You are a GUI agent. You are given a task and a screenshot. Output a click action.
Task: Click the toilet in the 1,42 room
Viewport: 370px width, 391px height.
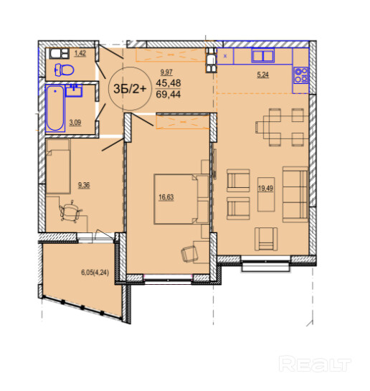point(65,70)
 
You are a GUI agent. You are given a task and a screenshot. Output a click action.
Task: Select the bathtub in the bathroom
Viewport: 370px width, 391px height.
point(55,108)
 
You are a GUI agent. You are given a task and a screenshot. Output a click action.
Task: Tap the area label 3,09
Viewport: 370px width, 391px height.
point(75,123)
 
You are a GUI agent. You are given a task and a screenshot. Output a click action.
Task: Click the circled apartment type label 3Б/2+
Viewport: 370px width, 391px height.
point(129,88)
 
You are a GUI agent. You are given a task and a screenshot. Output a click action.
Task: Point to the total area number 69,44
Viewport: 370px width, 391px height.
point(169,94)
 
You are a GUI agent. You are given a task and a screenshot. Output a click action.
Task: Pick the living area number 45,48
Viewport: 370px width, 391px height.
point(169,83)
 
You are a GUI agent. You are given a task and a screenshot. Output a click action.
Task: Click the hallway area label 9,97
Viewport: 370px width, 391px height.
point(166,72)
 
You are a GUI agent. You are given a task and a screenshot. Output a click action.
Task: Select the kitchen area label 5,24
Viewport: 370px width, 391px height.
point(263,75)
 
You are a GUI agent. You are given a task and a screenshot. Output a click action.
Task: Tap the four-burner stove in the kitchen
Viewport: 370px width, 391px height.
point(301,75)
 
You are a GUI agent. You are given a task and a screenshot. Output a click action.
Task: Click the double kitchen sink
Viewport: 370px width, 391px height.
point(262,56)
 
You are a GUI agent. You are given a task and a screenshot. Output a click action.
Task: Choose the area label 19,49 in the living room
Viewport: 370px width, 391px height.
point(265,188)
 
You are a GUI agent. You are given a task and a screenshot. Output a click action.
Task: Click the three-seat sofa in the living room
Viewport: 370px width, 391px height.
point(295,194)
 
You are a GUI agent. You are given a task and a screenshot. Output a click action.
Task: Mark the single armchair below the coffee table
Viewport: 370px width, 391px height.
point(266,239)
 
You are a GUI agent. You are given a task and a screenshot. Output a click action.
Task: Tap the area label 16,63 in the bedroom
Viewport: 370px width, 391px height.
point(166,197)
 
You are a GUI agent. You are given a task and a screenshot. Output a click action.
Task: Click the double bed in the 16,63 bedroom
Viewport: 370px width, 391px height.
point(181,199)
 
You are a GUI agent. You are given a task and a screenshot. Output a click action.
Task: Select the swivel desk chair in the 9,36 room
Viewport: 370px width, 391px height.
point(70,211)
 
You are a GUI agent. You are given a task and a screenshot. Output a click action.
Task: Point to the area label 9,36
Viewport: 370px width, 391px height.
point(84,185)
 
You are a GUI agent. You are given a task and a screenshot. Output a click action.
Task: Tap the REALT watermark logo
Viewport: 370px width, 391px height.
point(315,364)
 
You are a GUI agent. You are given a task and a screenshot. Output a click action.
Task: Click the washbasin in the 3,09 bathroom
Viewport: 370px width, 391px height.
point(74,91)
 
